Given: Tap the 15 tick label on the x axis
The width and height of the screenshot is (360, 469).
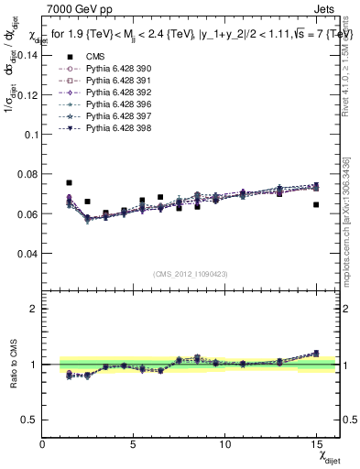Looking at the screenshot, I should click(316, 444).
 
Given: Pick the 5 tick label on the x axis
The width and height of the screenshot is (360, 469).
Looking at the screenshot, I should click(134, 444).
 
